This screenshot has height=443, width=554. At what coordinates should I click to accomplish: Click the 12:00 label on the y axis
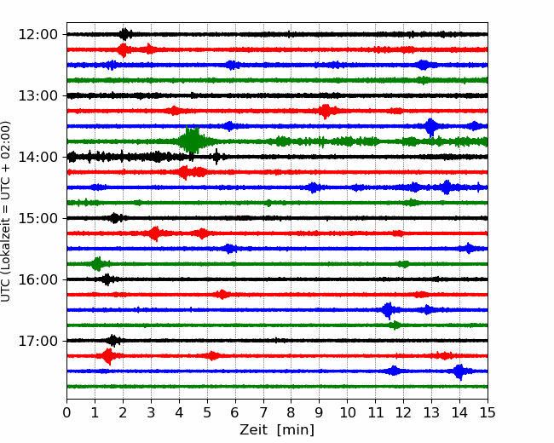tap(38, 35)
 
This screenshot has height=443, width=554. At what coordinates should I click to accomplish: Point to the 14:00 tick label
tap(38, 158)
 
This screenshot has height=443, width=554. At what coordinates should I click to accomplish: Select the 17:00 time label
tap(38, 342)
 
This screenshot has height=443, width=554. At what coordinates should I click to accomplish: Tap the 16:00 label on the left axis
tap(38, 279)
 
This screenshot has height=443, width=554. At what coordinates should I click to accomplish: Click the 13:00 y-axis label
tap(38, 95)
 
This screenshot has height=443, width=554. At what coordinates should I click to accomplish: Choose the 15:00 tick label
tap(38, 219)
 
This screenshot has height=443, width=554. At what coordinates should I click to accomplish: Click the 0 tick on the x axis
tap(66, 412)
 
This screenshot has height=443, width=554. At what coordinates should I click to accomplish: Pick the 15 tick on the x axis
tap(488, 412)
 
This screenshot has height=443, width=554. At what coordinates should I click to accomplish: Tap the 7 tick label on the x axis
tap(263, 412)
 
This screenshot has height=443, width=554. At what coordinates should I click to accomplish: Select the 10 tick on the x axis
tap(347, 412)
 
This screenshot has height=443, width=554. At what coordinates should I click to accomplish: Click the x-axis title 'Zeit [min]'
tap(277, 430)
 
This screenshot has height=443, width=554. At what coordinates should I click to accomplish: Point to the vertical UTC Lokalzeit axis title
tap(6, 211)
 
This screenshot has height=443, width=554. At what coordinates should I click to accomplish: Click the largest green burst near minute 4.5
tap(192, 141)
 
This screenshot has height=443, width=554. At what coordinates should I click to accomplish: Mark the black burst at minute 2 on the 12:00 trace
tap(124, 34)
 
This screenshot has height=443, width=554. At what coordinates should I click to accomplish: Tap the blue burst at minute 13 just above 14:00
tap(430, 126)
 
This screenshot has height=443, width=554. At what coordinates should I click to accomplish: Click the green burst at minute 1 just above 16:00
tap(97, 264)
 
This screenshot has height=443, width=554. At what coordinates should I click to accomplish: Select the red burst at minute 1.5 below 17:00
tap(107, 356)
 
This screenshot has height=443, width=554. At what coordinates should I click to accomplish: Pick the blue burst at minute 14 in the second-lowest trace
tap(459, 371)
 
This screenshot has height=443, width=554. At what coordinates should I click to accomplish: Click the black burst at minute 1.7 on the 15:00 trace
tap(115, 218)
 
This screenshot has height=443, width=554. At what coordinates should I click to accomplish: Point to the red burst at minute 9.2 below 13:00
tap(325, 112)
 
